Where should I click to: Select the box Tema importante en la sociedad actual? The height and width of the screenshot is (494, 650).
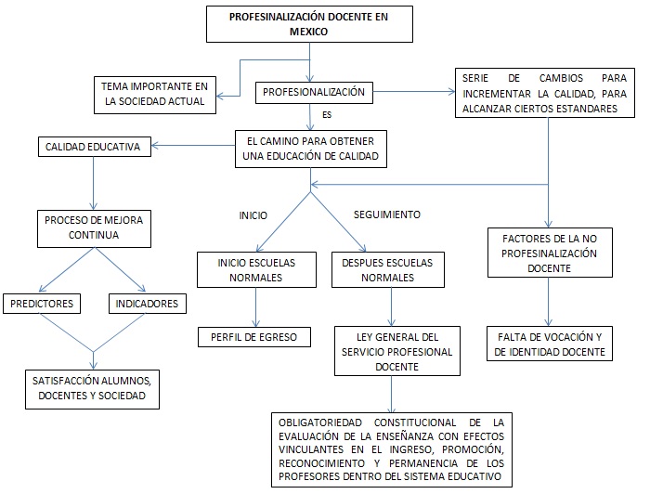coord(154,95)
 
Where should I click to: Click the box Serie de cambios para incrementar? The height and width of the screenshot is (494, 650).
coord(539,93)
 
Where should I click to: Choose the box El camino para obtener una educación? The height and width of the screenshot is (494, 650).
coord(310,149)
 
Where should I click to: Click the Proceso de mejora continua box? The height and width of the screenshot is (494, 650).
coord(94,228)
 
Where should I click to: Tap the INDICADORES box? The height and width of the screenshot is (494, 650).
coord(147,304)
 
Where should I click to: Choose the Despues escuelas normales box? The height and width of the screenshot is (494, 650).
coord(388,270)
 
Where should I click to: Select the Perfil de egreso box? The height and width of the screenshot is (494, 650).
coord(253,337)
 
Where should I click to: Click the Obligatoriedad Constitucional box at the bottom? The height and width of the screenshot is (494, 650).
coord(391,450)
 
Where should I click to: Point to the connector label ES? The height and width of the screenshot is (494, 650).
coord(327,116)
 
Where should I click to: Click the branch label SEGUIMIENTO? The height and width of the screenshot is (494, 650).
coord(387,214)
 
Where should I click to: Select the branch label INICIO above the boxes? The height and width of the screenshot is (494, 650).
coord(253,215)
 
